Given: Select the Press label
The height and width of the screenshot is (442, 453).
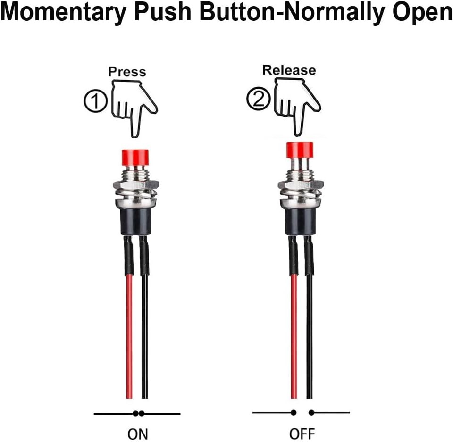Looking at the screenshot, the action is coord(127,72).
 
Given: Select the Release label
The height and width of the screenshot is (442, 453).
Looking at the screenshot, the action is coord(289,70).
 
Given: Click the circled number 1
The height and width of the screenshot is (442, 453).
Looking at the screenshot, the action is coord(95,100).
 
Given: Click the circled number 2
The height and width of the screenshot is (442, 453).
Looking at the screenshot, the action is coord(258,99).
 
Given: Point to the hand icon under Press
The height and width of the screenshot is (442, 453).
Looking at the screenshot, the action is coord(134,108).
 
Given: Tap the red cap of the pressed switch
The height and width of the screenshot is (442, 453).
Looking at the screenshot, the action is coord(135,158).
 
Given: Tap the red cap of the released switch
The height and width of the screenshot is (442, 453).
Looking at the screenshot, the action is coord(300,150).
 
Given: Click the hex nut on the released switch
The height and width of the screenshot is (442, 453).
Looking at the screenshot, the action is coord(301,184).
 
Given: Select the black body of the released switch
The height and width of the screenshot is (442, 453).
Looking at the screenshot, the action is coord(300,221).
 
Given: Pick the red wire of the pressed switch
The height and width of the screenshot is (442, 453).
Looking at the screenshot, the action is coord(129,336).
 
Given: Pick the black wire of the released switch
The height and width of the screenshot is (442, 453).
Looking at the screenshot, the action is coord(310,336).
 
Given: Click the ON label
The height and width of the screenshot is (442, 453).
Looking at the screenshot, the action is coord(137,434).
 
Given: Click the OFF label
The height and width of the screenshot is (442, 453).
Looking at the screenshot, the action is coord(302,434).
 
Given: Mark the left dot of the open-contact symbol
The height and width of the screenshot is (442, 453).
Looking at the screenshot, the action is coord(294,413).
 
